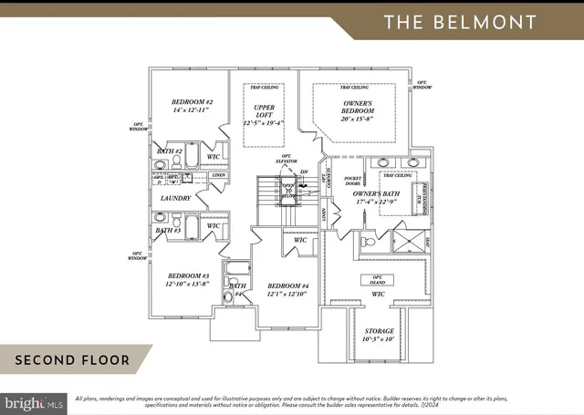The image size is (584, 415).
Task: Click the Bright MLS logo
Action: pos(34,401)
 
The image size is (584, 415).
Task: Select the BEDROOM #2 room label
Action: pos(192,102)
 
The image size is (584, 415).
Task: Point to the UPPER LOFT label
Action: pos(263,112)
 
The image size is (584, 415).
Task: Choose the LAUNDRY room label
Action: pos(175,198)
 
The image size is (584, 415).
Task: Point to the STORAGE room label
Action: pos(380,331)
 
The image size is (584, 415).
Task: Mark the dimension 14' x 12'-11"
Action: pos(192,111)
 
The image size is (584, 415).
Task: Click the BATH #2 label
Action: pos(171,151)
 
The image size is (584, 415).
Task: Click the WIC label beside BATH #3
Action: pos(214,225)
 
